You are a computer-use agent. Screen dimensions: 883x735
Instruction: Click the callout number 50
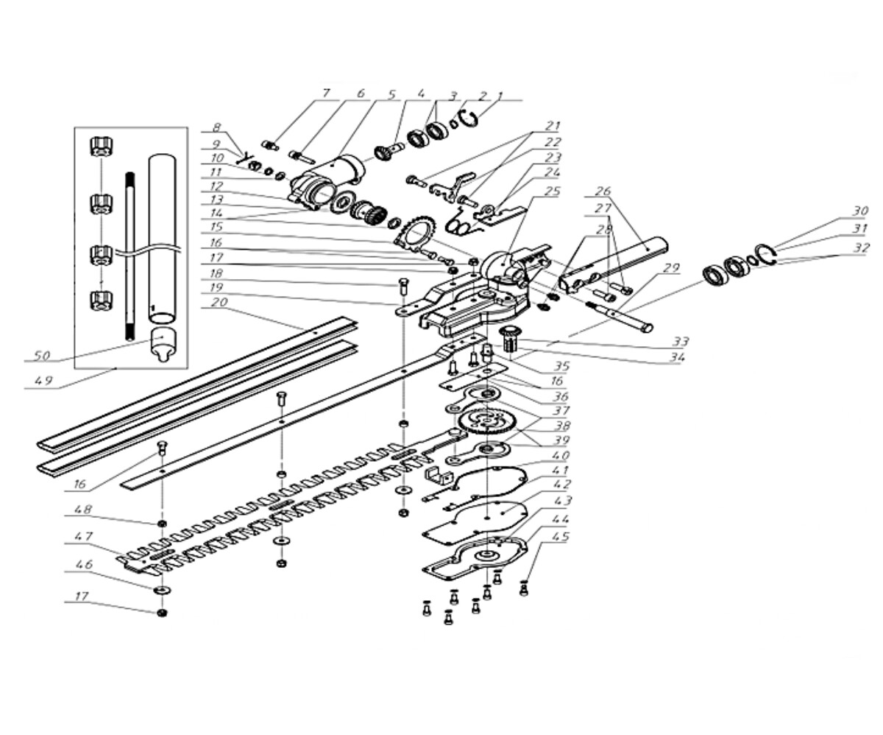[42, 356]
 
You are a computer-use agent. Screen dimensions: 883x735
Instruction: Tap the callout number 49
[43, 380]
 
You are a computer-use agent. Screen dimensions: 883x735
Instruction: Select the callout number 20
[219, 302]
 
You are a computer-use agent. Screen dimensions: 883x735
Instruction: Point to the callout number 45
[561, 536]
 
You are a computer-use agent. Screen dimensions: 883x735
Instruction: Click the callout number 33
[680, 341]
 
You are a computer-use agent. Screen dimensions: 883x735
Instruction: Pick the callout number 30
[859, 211]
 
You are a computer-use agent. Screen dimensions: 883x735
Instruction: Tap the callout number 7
[325, 93]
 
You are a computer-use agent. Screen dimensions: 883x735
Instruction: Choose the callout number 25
[551, 191]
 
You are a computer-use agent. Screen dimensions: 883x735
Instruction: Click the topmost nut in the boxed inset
[100, 147]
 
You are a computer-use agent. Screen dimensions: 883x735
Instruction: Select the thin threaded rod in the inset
[130, 256]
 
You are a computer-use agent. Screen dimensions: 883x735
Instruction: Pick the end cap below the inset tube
[163, 343]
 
